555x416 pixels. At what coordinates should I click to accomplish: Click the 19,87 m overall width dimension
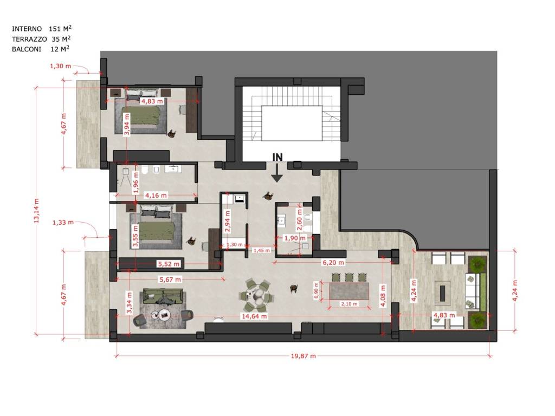(303, 356)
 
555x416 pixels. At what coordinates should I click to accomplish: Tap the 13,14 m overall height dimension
(36, 211)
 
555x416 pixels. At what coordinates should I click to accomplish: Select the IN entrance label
(277, 157)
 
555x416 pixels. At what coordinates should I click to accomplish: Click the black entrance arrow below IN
(277, 173)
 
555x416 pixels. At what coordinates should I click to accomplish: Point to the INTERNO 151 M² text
(41, 29)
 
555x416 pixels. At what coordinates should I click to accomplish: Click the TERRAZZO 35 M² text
(41, 39)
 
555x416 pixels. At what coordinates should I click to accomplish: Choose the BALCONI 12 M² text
(40, 49)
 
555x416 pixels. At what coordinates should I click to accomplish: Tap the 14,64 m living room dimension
(254, 316)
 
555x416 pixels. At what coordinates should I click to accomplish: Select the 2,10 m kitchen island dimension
(350, 304)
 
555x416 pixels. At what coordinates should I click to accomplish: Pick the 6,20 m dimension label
(333, 263)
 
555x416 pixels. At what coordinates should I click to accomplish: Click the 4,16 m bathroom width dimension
(156, 195)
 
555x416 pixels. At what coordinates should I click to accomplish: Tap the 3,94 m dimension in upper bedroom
(127, 124)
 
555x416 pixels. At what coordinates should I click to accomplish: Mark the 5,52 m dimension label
(169, 264)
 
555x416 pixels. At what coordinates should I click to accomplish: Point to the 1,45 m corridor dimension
(262, 250)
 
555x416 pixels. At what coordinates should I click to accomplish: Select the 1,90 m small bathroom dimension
(295, 238)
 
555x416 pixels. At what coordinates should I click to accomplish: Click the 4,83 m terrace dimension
(444, 315)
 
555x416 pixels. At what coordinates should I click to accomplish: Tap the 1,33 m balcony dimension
(63, 222)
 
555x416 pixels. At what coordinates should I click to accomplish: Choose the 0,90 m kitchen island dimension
(316, 290)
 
